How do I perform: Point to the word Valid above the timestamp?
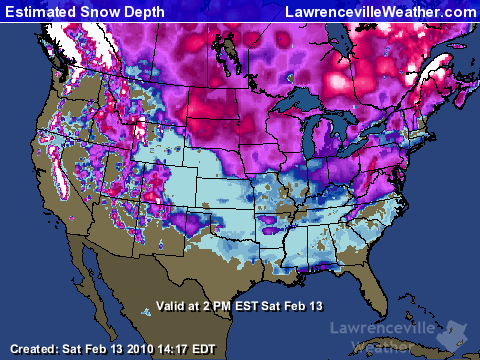(173, 306)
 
